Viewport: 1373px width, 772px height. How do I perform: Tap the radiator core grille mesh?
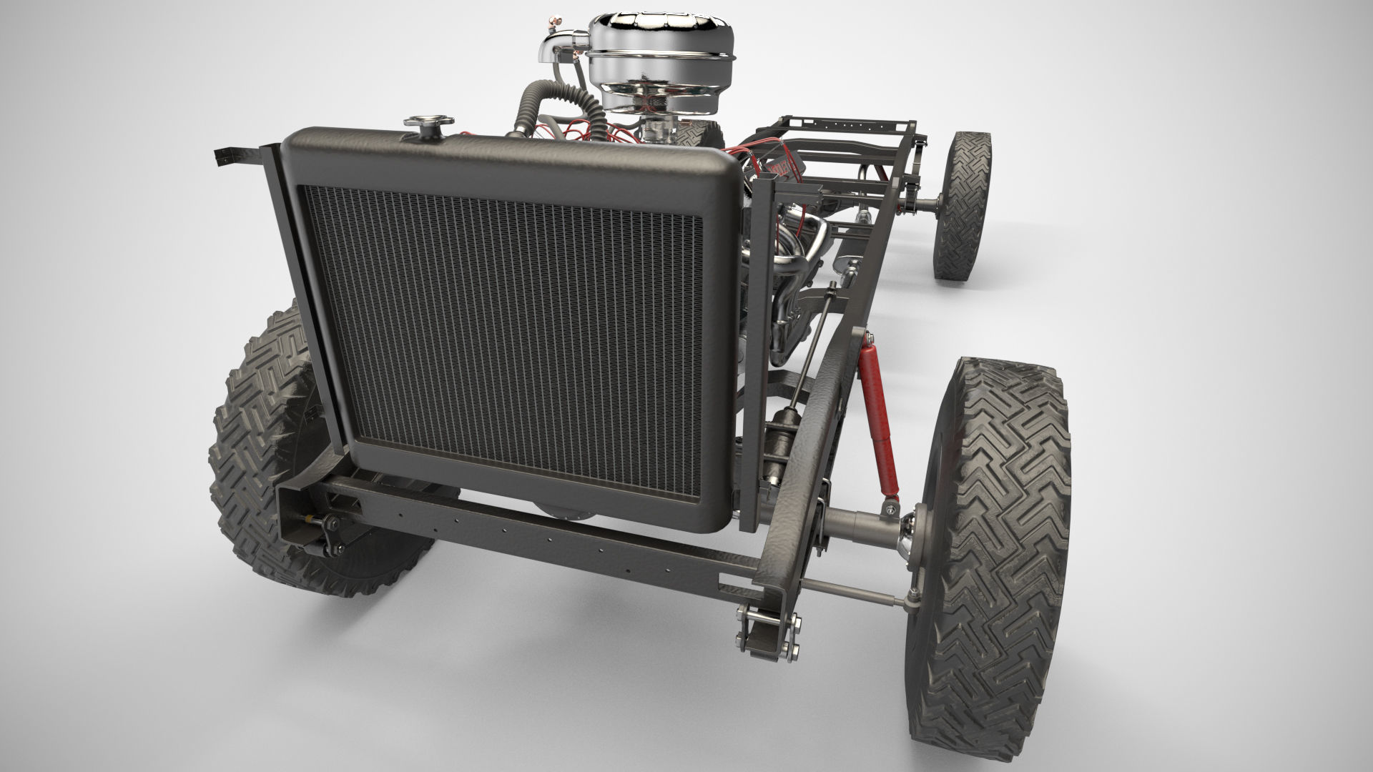click(501, 343)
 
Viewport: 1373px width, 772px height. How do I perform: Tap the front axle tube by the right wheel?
click(858, 525)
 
